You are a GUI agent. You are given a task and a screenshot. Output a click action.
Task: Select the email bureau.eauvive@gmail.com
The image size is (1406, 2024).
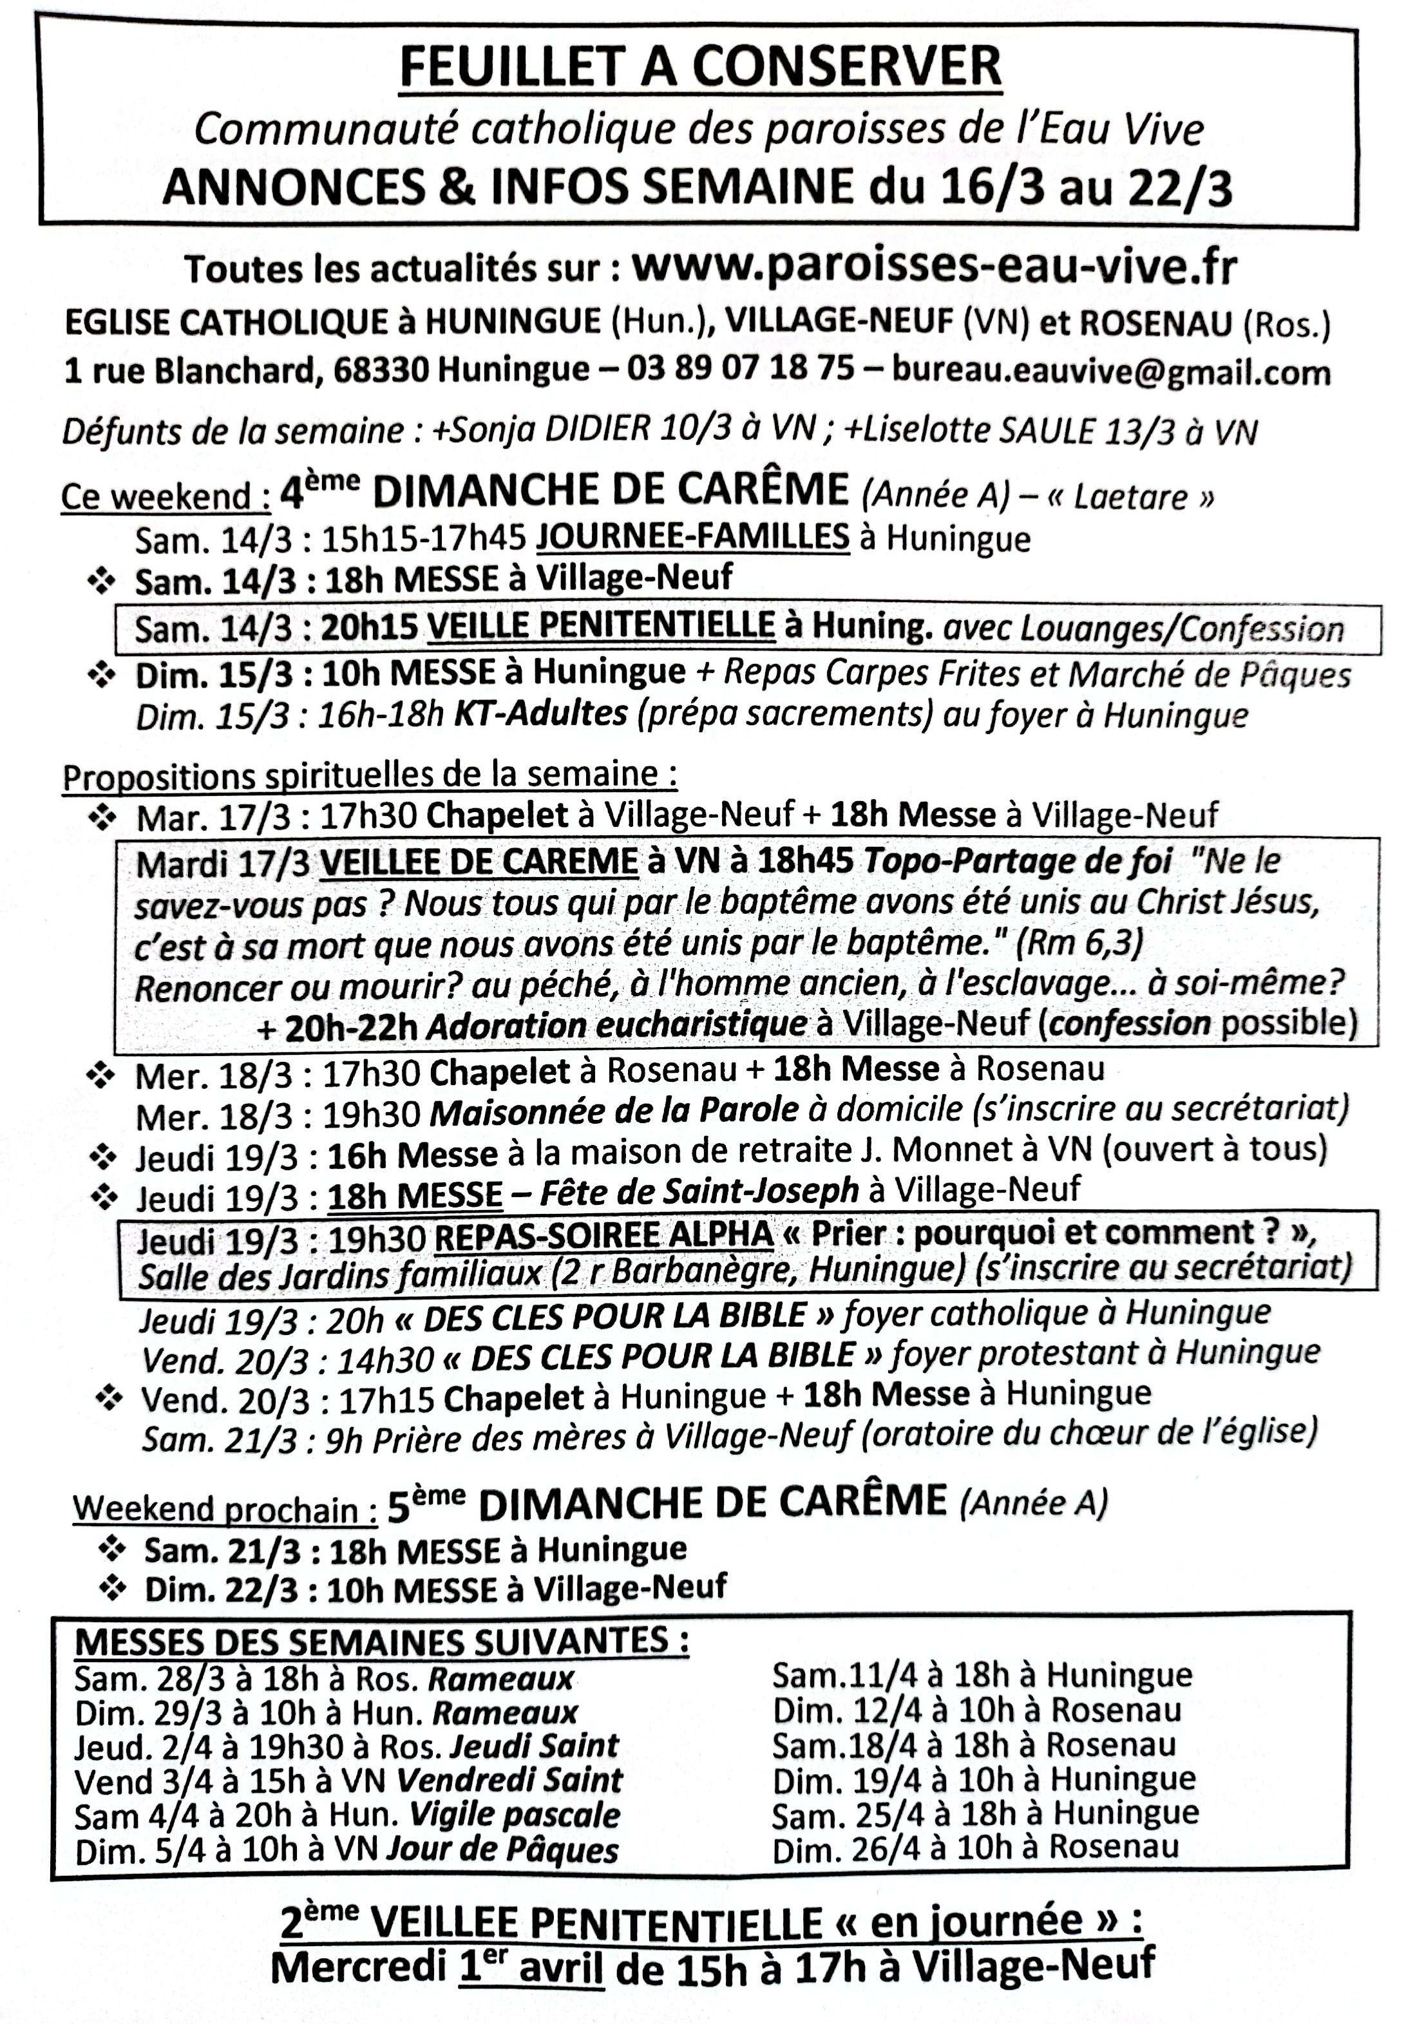click(x=1111, y=371)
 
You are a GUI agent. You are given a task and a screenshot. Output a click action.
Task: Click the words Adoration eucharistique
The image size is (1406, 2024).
click(x=616, y=1025)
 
